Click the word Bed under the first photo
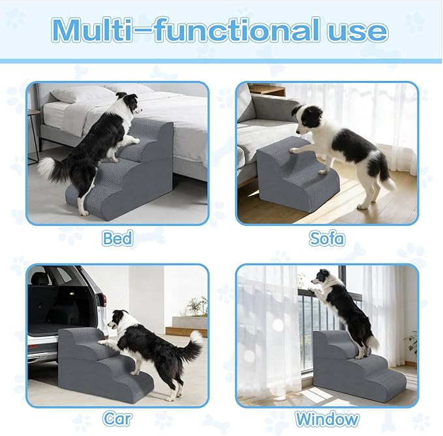(x=117, y=238)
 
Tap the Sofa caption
(x=327, y=238)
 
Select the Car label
(x=117, y=418)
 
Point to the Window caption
(x=327, y=419)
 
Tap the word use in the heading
(x=358, y=31)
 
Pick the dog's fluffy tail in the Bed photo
(x=50, y=170)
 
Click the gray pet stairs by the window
(x=358, y=367)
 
